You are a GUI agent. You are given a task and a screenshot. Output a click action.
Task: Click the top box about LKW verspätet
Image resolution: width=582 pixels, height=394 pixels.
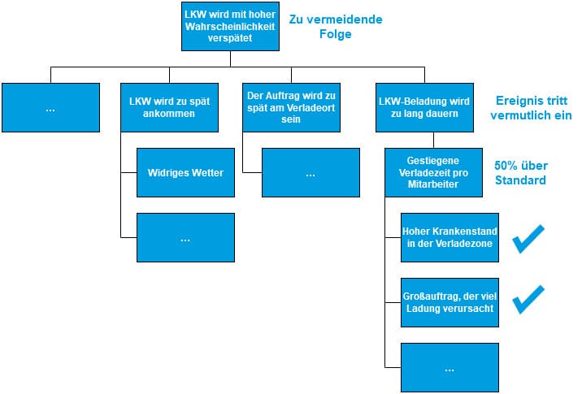click(x=230, y=26)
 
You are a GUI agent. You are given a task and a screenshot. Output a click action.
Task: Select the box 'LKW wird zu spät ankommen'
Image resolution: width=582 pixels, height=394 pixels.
click(x=168, y=107)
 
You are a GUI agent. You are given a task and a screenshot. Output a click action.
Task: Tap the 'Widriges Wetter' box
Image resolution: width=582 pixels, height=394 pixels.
click(x=185, y=172)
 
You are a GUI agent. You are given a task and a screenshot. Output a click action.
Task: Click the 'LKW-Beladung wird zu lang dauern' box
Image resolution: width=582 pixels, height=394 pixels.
click(x=424, y=107)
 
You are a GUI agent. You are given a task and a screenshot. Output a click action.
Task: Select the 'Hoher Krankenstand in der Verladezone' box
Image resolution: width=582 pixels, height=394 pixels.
click(x=450, y=237)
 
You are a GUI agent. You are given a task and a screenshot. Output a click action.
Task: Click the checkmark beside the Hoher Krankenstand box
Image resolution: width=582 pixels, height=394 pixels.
click(x=528, y=238)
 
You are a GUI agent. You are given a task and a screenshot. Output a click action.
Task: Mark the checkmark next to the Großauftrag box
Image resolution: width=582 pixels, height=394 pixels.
click(x=528, y=299)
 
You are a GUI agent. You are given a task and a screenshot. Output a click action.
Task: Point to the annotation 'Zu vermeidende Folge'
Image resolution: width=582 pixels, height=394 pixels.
click(x=335, y=26)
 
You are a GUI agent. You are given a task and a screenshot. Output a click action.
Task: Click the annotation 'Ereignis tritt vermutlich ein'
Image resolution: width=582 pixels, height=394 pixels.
click(x=534, y=108)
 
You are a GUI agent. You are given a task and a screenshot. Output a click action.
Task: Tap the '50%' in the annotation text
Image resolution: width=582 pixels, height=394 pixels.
click(x=506, y=165)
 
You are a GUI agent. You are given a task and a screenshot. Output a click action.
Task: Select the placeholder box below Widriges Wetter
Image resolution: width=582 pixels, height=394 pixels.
click(x=185, y=237)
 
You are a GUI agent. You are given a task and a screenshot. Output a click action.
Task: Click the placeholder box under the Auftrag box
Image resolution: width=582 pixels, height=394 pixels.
click(x=311, y=172)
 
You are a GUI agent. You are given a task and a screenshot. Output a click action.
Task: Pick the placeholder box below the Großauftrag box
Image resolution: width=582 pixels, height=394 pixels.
click(x=450, y=367)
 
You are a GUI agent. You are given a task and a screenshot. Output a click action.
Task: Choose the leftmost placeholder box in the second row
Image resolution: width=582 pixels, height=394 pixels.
click(x=50, y=107)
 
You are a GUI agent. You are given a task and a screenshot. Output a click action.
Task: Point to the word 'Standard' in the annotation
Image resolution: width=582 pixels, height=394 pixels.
click(x=519, y=180)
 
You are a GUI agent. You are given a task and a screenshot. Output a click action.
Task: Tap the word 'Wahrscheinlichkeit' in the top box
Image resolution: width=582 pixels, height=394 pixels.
click(x=230, y=26)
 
